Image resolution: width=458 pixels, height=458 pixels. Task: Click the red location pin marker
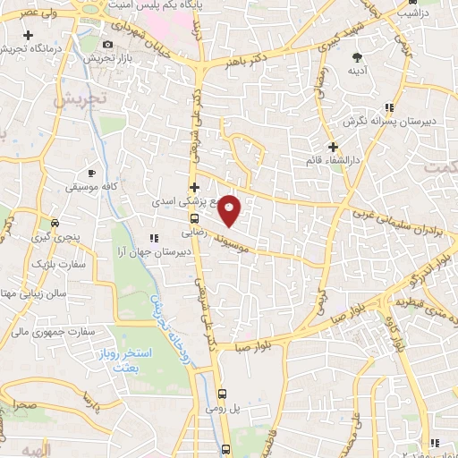pos(230,210)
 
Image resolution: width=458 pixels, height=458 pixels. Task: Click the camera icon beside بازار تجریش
pos(108,44)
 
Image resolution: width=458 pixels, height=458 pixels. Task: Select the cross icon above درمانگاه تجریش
pos(30,35)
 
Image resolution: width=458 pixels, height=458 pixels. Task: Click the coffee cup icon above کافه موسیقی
pos(91,173)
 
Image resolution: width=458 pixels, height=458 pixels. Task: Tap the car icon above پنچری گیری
pos(55,224)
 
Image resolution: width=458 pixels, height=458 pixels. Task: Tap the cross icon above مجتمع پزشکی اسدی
pos(194,187)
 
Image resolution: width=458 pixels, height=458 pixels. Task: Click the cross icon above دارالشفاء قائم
pos(333,147)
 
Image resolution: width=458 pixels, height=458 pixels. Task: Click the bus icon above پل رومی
pos(223,393)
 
